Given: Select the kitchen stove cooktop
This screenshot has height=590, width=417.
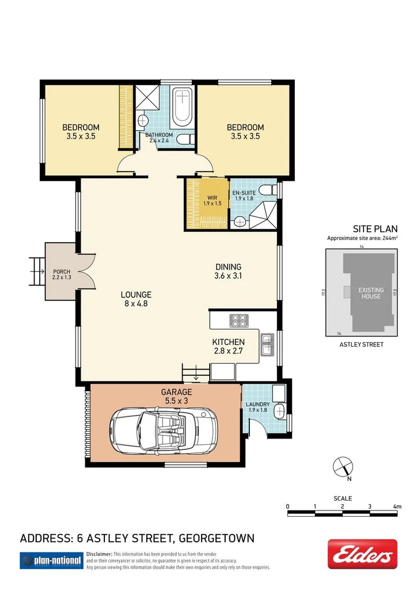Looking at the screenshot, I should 237,320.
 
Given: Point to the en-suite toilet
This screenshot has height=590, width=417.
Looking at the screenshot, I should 267,191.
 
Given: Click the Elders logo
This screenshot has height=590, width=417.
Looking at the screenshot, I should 362,554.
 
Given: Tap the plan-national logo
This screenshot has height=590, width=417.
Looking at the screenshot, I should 50,560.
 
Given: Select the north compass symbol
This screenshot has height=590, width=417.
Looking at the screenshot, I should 342,466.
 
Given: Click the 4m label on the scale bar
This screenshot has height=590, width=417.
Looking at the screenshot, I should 396,506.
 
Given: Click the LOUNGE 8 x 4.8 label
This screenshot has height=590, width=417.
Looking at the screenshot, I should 136,298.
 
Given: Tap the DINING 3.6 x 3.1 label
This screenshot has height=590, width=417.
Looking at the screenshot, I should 228,271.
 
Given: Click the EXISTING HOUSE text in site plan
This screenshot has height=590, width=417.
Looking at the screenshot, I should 369,293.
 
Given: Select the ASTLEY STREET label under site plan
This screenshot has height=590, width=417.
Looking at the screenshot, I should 362,345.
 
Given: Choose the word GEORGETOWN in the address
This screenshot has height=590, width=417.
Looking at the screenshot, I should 216,539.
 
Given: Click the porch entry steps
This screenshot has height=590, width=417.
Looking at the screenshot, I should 39,270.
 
